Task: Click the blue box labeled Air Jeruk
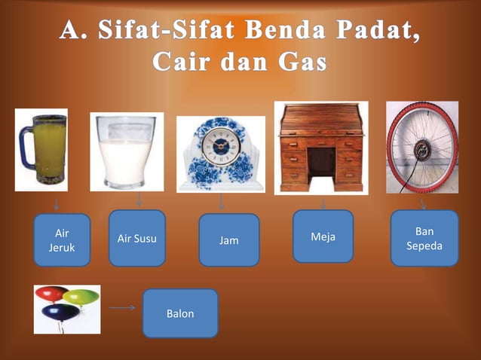pos(62,240)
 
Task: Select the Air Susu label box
pos(137,238)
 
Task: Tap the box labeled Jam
pos(229,240)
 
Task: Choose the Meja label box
pos(323,236)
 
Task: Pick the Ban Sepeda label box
pos(424,239)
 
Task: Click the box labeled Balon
pos(180,313)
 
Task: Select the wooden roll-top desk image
pos(320,148)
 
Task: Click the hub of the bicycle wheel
pos(420,148)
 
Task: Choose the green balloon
pos(80,296)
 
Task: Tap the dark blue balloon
pos(62,312)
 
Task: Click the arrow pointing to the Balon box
pos(121,307)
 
